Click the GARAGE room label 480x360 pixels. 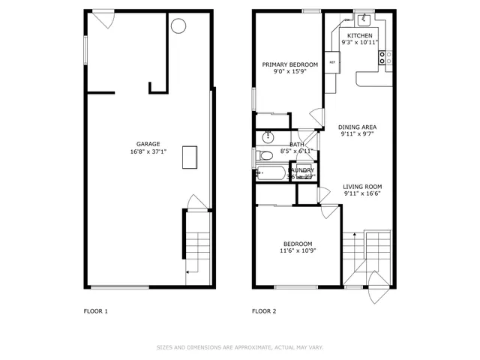(x=148, y=144)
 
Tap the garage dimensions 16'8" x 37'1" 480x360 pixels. (x=148, y=151)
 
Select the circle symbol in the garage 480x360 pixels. (x=178, y=26)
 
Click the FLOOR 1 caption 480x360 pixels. (x=95, y=310)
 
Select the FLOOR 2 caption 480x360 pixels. (x=264, y=310)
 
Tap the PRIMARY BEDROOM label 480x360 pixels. (x=289, y=64)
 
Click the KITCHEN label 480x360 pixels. (x=359, y=35)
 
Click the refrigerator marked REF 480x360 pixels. (x=332, y=62)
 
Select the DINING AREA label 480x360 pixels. (x=357, y=127)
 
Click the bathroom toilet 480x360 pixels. (x=263, y=156)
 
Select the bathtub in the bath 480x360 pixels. (x=271, y=174)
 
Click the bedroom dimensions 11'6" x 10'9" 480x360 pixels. (x=297, y=250)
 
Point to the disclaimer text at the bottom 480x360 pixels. (x=239, y=347)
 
